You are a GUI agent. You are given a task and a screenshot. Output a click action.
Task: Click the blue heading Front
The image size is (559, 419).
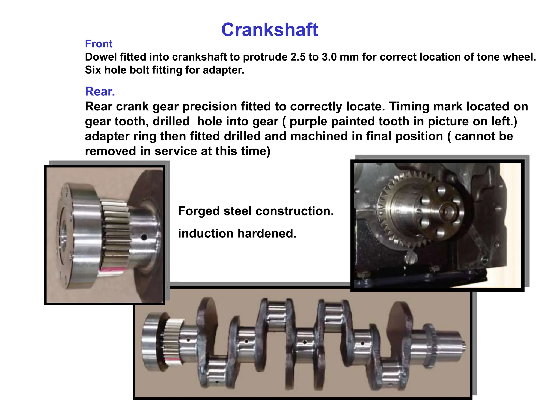(99, 44)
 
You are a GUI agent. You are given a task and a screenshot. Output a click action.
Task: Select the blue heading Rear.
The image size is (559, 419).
(100, 92)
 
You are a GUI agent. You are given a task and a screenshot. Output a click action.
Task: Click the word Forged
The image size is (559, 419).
(199, 211)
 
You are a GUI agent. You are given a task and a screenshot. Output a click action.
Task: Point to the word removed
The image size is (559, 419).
(111, 151)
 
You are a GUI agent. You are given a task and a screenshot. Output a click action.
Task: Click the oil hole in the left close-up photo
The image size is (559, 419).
(144, 237)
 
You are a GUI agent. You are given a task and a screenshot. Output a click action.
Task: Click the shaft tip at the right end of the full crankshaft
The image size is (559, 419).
(463, 347)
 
